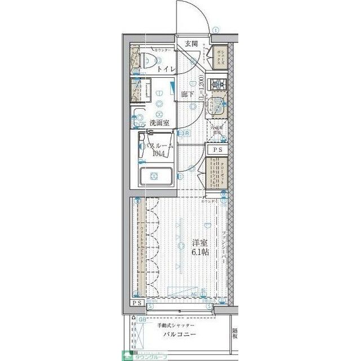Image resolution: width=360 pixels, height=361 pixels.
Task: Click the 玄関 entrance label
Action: pos(190,43)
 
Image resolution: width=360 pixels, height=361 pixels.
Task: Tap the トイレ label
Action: pos(166,69)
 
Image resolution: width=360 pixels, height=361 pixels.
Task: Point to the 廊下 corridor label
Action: pos(188,94)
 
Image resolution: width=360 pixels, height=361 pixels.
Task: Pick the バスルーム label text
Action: pos(159,146)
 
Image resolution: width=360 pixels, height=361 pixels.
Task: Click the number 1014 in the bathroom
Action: pos(157,153)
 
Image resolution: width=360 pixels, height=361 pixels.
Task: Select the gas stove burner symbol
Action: pos(216,85)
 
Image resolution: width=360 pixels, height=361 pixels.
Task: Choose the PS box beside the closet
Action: pos(217,150)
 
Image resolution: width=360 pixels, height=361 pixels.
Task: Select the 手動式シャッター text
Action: pos(176,326)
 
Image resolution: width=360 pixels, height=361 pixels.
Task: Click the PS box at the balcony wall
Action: pos(137,303)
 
